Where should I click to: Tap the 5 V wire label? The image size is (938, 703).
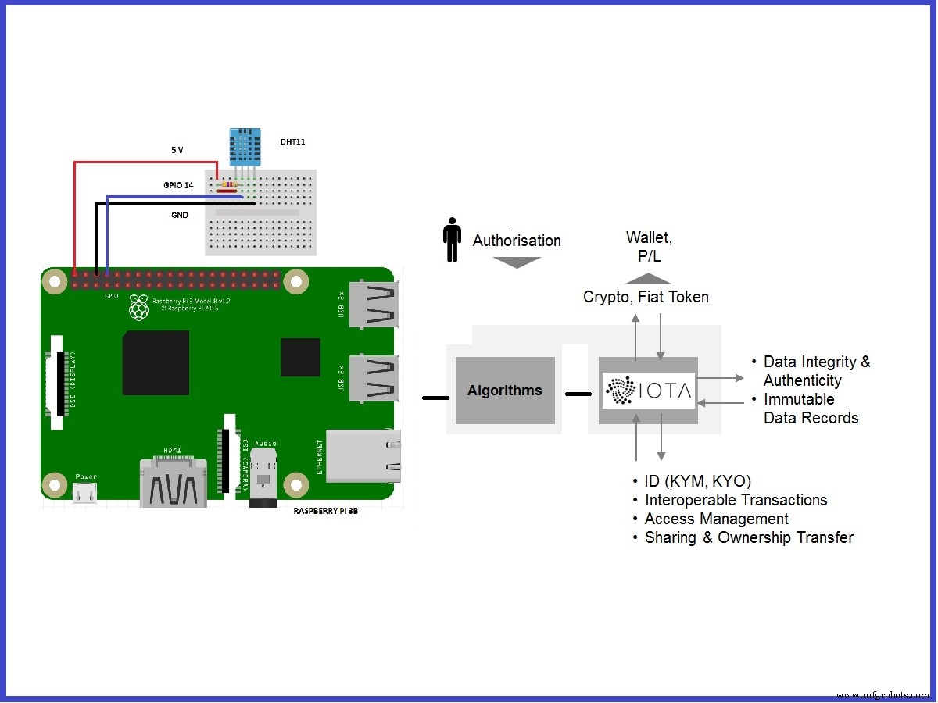[x=177, y=148]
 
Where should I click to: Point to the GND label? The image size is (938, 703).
[x=179, y=215]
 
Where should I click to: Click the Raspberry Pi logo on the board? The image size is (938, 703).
[x=139, y=308]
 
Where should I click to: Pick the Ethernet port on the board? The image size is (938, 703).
[x=364, y=456]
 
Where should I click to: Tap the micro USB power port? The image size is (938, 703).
[x=86, y=493]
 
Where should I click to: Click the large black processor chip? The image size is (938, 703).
[x=156, y=362]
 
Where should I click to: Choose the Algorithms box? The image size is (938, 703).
[x=505, y=391]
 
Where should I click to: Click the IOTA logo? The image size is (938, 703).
[x=649, y=391]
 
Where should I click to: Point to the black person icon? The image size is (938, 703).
[x=452, y=240]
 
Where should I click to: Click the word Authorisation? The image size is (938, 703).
[x=517, y=241]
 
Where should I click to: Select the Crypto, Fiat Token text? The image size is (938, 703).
[x=646, y=297]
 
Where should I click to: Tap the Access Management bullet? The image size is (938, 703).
[x=716, y=519]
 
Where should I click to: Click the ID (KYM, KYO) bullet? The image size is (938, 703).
[x=697, y=481]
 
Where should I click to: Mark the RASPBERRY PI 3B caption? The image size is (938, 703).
[x=326, y=511]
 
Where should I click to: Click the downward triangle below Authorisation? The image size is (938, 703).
[x=517, y=262]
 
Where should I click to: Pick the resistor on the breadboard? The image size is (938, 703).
[x=227, y=187]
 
